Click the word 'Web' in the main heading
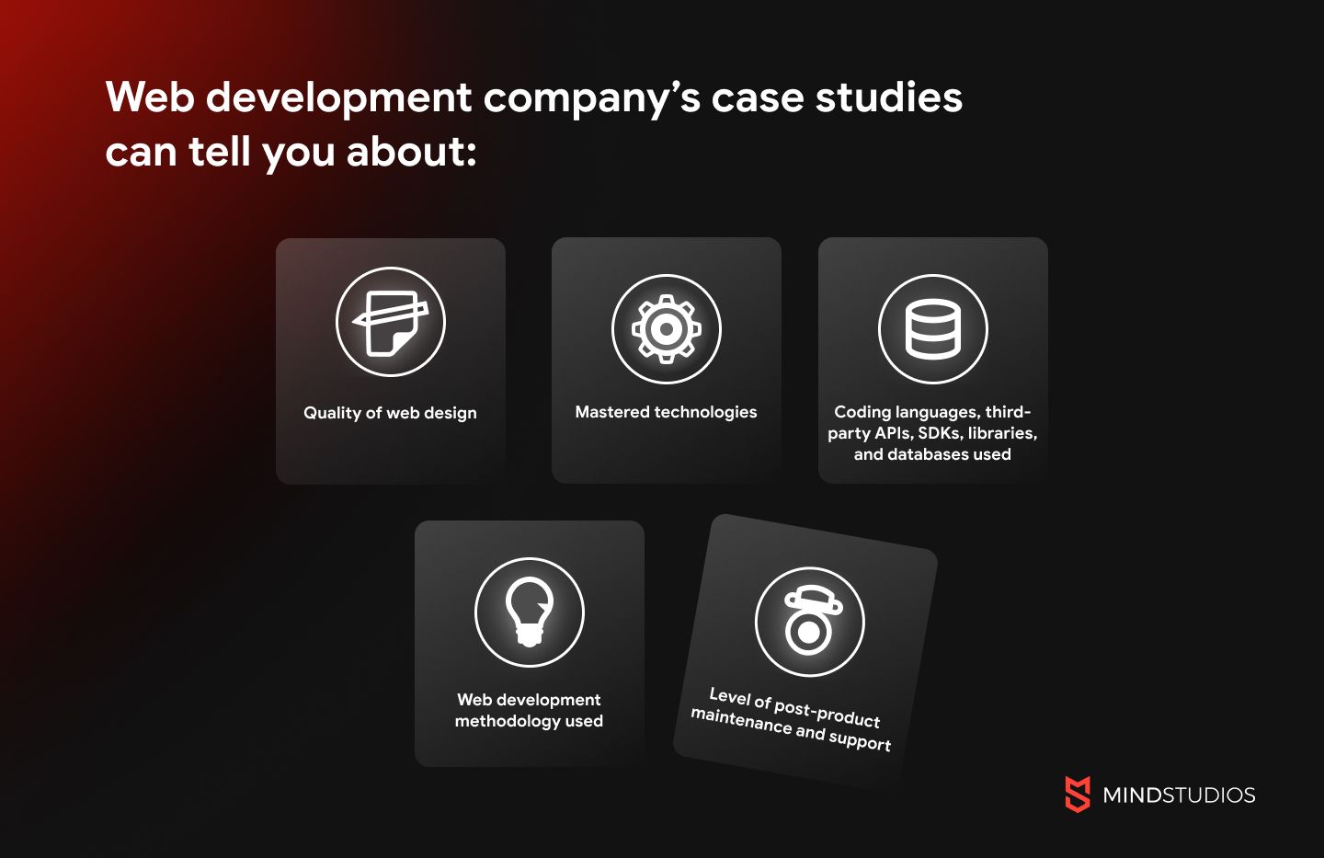point(150,97)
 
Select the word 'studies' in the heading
point(889,97)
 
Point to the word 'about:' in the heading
point(411,152)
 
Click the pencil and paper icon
point(390,322)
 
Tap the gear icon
point(666,329)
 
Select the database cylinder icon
point(932,329)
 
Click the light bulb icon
point(529,612)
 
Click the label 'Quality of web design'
point(390,413)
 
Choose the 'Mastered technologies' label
point(666,412)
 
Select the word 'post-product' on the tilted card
point(827,712)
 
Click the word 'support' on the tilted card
point(860,739)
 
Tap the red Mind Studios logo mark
point(1078,795)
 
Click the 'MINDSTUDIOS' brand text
point(1179,795)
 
